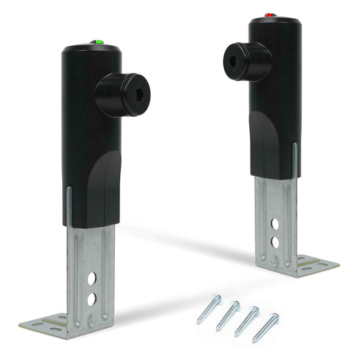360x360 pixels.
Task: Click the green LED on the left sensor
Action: coord(99,43)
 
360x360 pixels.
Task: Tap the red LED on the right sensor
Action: coord(269,14)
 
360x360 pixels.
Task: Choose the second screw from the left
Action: coord(228,314)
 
